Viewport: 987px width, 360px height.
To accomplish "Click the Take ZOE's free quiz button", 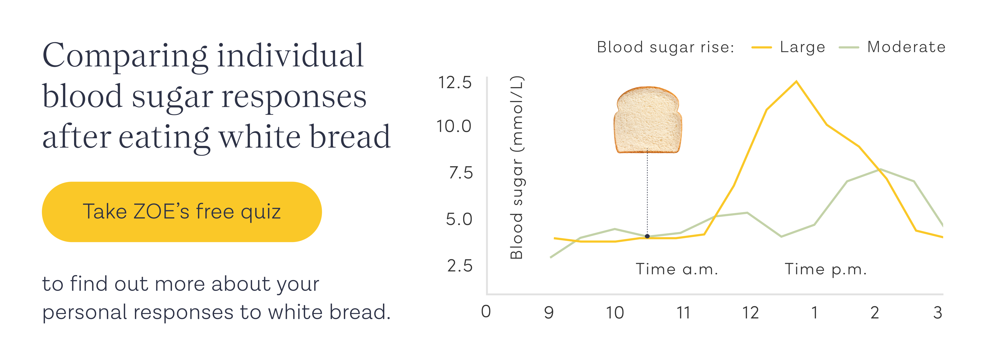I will click(x=182, y=212).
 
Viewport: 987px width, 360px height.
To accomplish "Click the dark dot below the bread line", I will click(x=647, y=236).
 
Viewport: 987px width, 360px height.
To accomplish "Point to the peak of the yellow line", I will click(x=796, y=81).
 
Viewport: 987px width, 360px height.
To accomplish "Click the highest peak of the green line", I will click(x=880, y=169).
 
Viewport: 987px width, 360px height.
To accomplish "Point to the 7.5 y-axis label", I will click(x=461, y=173).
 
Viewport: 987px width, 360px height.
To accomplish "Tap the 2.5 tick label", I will click(x=460, y=266).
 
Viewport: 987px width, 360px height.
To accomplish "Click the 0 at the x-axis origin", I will click(x=486, y=312).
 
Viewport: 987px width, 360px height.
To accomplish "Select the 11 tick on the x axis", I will click(x=683, y=313).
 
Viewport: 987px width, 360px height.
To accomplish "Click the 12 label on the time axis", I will click(x=750, y=313).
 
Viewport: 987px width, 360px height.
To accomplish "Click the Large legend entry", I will click(x=802, y=47).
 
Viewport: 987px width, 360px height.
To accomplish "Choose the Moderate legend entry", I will click(x=906, y=47).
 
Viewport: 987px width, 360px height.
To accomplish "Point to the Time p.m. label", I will click(x=826, y=269).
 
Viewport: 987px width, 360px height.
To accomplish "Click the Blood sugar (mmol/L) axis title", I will click(x=517, y=168).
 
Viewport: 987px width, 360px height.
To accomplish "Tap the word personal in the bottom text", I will click(x=84, y=312).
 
